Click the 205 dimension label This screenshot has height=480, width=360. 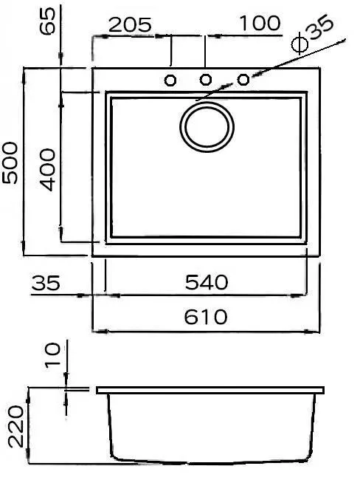click(x=130, y=25)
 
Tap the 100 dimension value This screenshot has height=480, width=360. click(x=260, y=23)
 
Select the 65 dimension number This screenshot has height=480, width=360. click(x=48, y=21)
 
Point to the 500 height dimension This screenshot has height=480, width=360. click(x=10, y=162)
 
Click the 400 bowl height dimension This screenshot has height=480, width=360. click(x=47, y=170)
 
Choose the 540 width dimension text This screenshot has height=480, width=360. click(x=207, y=282)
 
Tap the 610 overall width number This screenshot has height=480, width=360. click(x=206, y=317)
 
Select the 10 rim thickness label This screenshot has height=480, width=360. click(x=53, y=355)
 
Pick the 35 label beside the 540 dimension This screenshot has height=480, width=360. click(x=46, y=283)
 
